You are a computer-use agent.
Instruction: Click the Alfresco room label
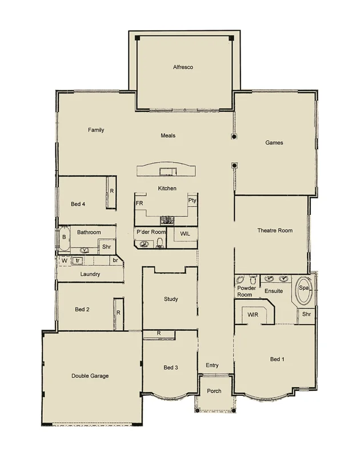[183, 67]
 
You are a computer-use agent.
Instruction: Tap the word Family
[96, 130]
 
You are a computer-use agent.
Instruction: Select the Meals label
[167, 136]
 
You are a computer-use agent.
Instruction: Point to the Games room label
[274, 143]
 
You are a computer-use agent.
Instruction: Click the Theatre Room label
[275, 231]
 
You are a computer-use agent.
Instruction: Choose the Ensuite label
[274, 291]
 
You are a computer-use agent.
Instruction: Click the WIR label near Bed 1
[254, 315]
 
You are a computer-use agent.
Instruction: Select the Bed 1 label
[276, 359]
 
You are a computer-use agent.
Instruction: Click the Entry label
[211, 365]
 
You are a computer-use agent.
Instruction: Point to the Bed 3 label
[171, 367]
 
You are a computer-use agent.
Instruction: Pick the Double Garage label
[90, 376]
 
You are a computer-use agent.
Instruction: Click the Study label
[171, 299]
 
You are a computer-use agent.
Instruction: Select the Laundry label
[90, 275]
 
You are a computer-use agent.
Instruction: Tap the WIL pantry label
[185, 234]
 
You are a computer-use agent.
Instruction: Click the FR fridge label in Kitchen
[139, 203]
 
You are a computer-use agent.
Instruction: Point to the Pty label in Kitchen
[192, 201]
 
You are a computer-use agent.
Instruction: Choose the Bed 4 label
[78, 204]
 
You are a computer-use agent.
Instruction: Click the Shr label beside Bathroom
[106, 247]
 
